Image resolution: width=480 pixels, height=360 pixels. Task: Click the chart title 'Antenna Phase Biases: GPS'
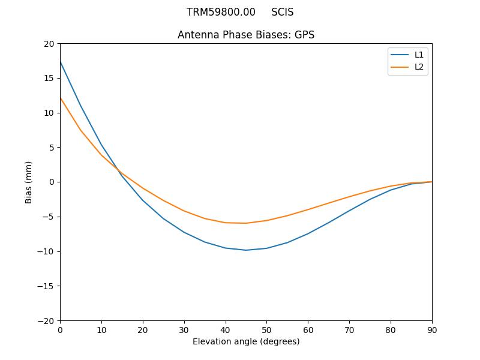(246, 35)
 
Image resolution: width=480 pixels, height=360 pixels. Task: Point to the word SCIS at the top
(282, 12)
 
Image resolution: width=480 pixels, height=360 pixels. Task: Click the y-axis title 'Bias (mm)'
(29, 182)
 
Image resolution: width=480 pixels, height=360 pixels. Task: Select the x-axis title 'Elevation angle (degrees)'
(246, 341)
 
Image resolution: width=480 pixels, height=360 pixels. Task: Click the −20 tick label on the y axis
(46, 320)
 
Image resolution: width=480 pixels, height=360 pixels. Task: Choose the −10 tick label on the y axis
(46, 251)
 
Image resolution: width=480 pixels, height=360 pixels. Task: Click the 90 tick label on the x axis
(432, 329)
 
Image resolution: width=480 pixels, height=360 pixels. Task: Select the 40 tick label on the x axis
(226, 329)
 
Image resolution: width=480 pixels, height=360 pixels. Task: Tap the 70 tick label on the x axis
(349, 329)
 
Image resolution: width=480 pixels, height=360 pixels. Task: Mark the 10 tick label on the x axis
(101, 329)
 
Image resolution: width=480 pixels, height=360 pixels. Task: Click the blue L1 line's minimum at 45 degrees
(246, 250)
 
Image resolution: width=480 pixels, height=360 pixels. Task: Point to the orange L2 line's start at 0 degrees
(61, 98)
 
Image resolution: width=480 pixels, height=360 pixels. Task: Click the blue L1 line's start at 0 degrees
(61, 62)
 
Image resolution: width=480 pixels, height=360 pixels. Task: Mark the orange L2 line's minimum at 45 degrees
(246, 223)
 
